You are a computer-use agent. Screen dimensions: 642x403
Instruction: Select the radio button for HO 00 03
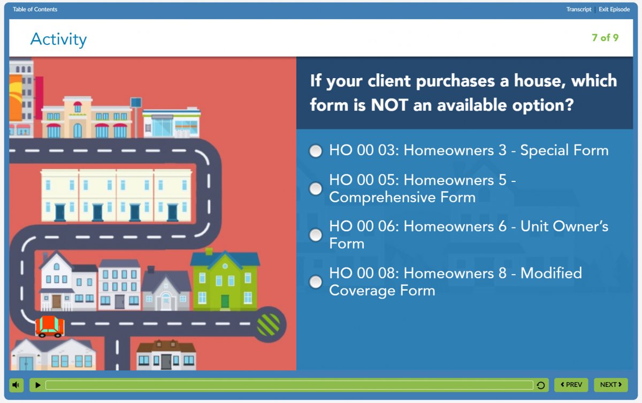[x=316, y=151]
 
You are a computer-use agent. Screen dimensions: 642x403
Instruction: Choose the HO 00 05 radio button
[x=316, y=188]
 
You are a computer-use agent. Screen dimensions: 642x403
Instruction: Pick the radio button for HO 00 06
[x=316, y=235]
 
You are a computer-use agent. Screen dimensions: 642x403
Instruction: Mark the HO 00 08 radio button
[x=316, y=282]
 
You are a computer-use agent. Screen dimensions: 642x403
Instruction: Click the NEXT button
[x=611, y=385]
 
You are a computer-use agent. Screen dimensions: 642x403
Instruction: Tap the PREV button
[x=571, y=385]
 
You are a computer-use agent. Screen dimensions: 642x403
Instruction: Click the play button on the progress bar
[x=37, y=385]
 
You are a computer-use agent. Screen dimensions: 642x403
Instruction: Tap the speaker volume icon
[x=16, y=385]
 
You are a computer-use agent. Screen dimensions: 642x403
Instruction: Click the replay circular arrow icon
[x=540, y=385]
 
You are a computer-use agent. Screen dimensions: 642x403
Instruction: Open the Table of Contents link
[x=35, y=9]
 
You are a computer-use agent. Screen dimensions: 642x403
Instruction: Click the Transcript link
[x=579, y=9]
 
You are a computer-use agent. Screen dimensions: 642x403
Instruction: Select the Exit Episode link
[x=614, y=9]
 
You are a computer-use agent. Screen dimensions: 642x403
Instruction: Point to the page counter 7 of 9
[x=605, y=37]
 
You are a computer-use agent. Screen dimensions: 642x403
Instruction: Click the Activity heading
[x=58, y=40]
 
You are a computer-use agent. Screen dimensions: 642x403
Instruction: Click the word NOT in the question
[x=389, y=105]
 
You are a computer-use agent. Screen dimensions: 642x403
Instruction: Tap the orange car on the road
[x=50, y=326]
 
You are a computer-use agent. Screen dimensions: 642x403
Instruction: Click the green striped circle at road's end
[x=268, y=325]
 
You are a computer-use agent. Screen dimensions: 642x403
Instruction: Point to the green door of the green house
[x=225, y=302]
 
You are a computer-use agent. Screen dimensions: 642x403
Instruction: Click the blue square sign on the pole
[x=136, y=103]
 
